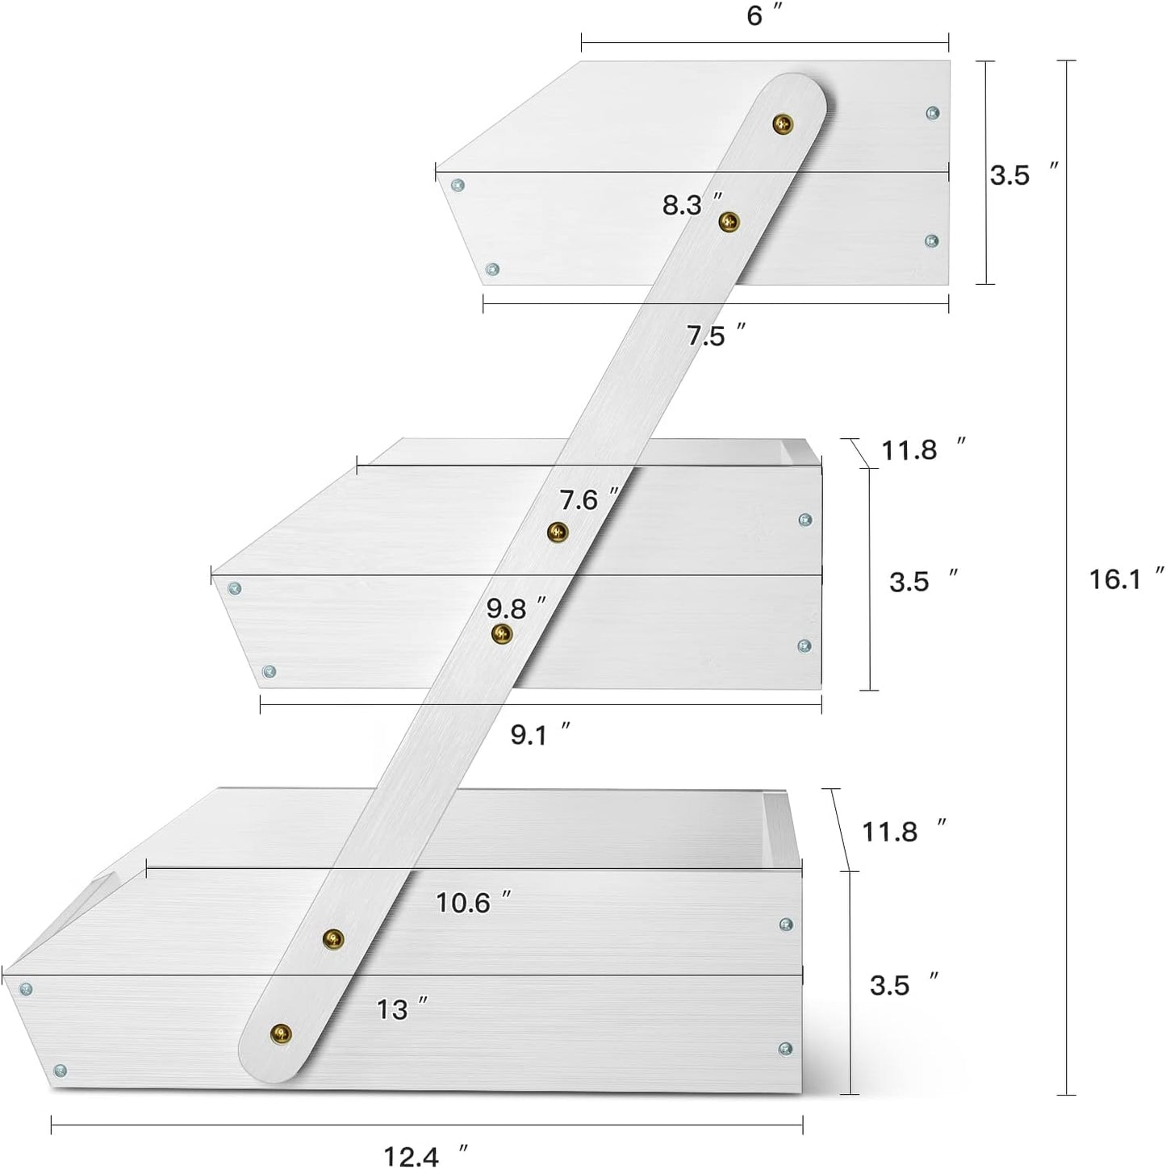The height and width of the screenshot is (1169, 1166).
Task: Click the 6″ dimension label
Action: click(x=763, y=15)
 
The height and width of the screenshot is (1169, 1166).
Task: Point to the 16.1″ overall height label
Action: click(x=1126, y=578)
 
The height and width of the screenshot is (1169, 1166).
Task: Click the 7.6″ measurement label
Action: click(x=589, y=499)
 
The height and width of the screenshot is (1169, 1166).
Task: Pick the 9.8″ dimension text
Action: click(x=516, y=608)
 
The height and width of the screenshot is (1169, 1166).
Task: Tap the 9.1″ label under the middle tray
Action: click(x=540, y=735)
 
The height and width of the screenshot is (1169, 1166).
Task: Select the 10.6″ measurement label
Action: click(x=474, y=903)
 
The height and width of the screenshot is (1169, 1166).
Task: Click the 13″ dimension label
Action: click(x=403, y=1009)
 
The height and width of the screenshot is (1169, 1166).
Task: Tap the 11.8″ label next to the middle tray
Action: click(x=923, y=449)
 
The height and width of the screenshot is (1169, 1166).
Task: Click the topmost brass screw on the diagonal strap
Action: click(x=783, y=124)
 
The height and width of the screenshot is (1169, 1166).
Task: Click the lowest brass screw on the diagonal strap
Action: click(x=281, y=1033)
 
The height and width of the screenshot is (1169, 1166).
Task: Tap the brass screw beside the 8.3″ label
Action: click(x=729, y=222)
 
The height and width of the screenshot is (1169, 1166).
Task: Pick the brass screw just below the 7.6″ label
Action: click(x=558, y=532)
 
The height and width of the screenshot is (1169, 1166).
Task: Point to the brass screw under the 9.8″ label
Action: click(x=502, y=634)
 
